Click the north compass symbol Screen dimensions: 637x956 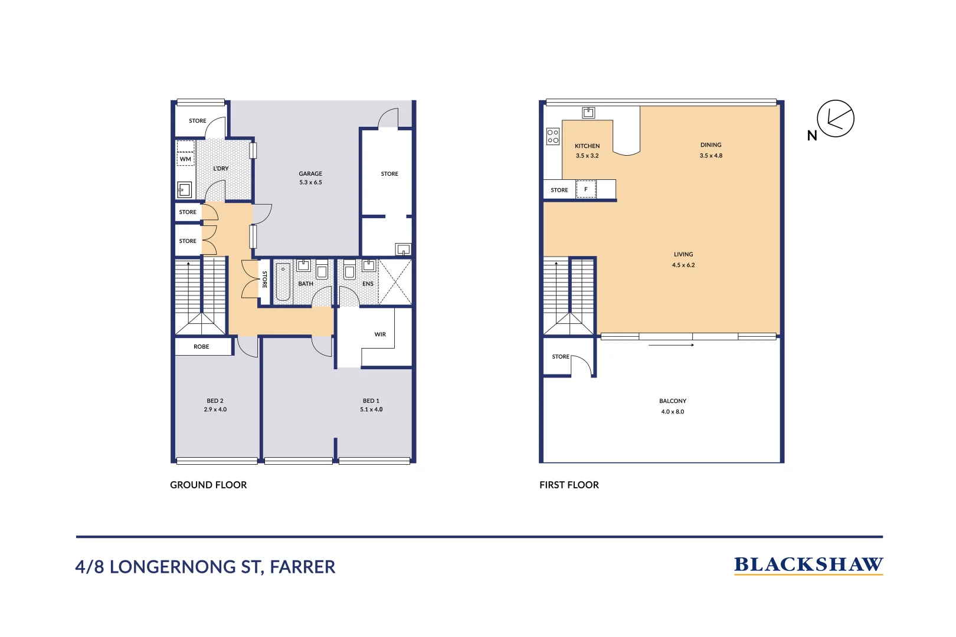835,119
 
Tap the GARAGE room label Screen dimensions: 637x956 310,173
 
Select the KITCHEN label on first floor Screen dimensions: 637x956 587,146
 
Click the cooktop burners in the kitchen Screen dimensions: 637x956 553,137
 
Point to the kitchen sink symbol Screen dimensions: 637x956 588,113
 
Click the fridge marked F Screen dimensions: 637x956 586,189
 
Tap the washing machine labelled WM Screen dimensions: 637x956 185,159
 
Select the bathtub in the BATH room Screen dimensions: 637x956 283,282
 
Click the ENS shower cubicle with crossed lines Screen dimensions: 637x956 395,282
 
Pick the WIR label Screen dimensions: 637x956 380,334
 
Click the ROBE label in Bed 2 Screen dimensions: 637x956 201,347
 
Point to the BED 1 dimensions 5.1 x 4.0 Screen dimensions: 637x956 371,409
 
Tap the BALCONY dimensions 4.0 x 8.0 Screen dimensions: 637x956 673,412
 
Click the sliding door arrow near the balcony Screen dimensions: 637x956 671,345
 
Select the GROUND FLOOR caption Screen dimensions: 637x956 208,485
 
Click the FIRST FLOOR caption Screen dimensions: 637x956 569,485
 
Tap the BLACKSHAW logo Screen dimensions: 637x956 808,565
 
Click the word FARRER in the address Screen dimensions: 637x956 302,567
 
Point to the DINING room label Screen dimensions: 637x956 711,145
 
